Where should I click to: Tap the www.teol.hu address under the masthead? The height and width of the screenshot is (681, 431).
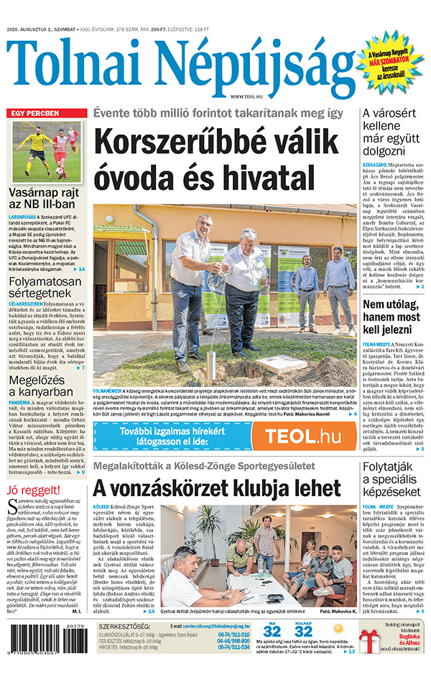(x=246, y=96)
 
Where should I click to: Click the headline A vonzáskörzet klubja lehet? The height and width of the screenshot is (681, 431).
(x=216, y=489)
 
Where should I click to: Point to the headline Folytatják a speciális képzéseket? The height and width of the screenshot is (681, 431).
(x=393, y=479)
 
